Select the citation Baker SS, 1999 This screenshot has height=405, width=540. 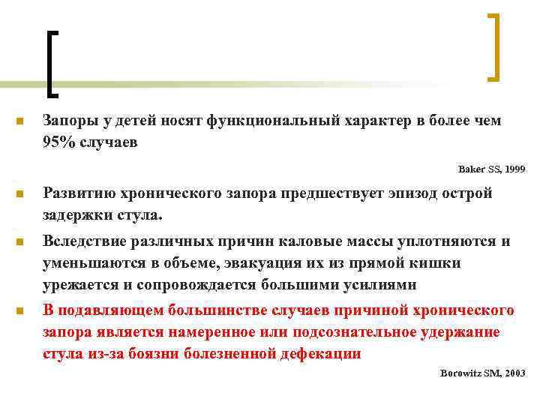(x=492, y=169)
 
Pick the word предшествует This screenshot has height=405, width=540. (x=330, y=193)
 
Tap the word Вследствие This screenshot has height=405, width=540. (x=85, y=241)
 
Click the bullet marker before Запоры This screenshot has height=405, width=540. (x=19, y=121)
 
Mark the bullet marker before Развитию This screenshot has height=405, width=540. (x=19, y=194)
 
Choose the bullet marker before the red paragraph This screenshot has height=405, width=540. (x=19, y=311)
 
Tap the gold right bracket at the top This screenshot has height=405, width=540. (x=493, y=46)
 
